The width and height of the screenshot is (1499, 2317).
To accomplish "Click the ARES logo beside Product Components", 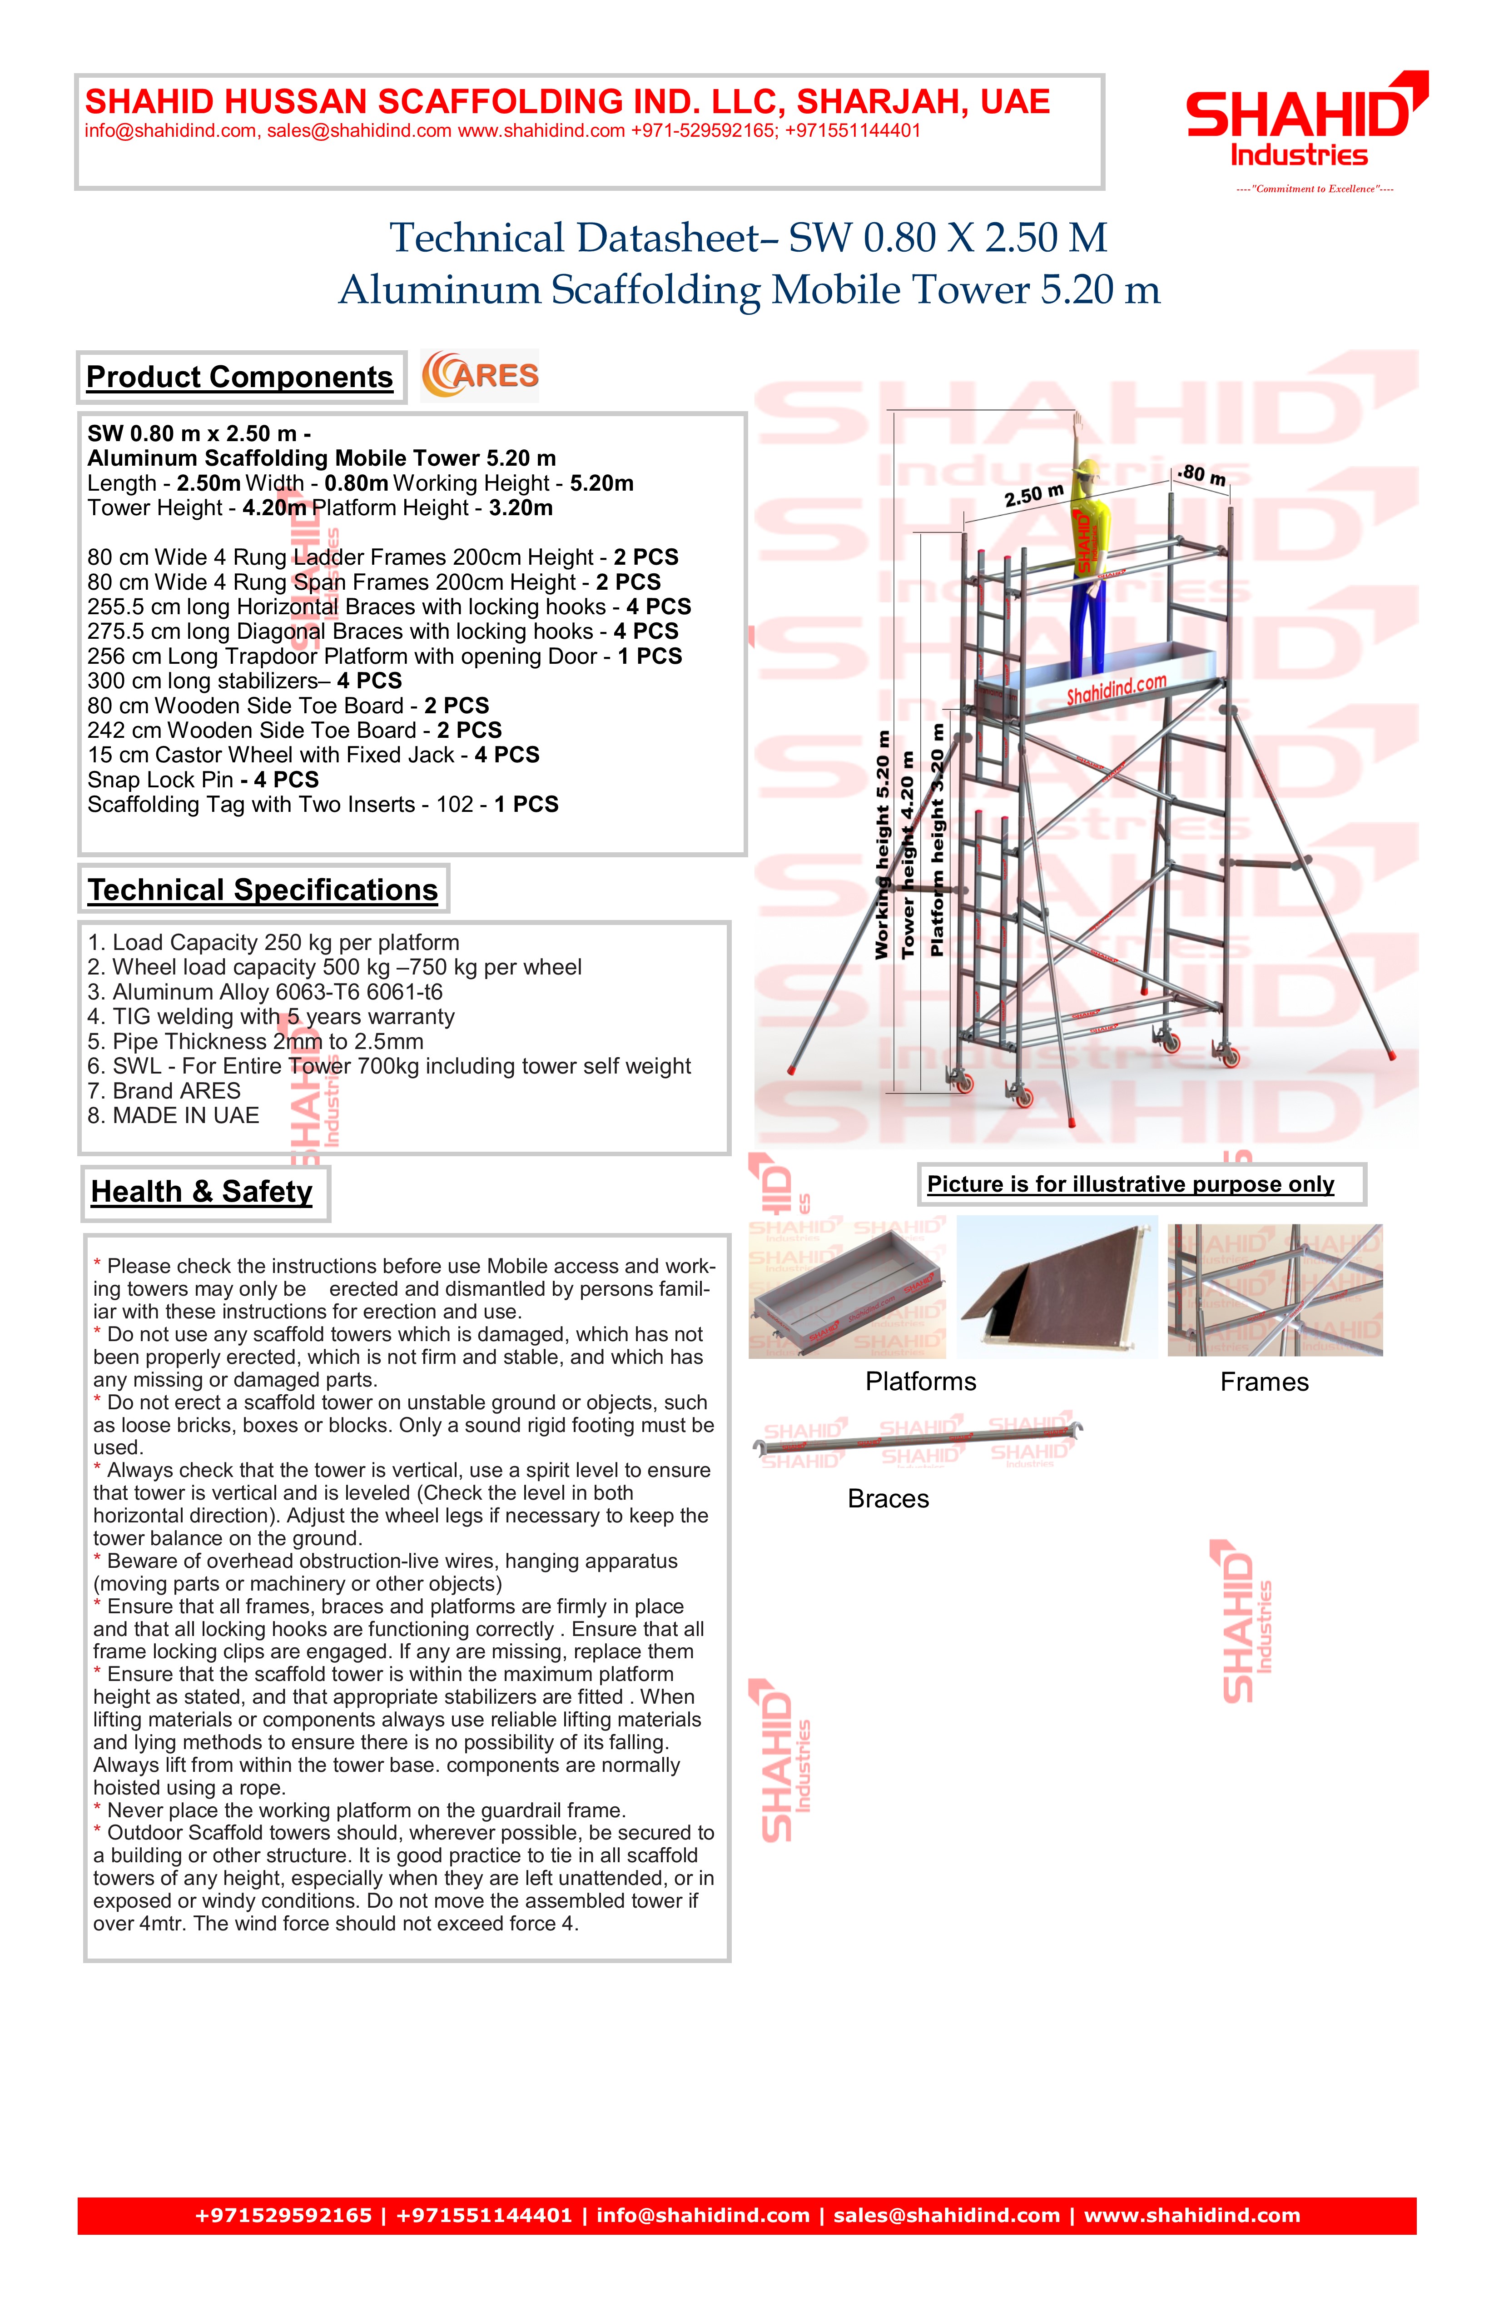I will coord(480,376).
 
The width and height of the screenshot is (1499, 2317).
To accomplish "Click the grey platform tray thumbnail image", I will coord(845,1291).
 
